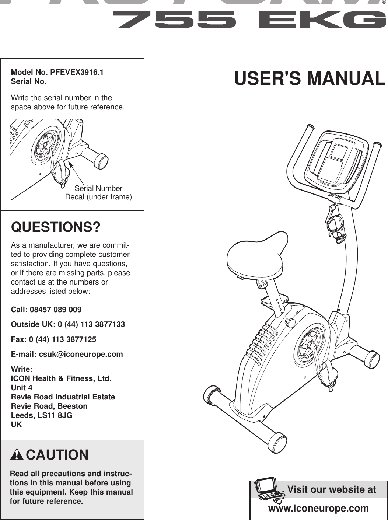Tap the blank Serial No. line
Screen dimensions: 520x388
click(87, 81)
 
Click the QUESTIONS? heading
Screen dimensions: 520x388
click(56, 227)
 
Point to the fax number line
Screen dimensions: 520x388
click(53, 339)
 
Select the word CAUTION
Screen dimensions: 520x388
click(57, 455)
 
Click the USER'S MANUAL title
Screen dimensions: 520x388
click(310, 78)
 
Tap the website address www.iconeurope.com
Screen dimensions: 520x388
click(318, 508)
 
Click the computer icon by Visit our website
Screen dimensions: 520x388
click(268, 491)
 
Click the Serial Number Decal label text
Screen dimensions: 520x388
click(98, 193)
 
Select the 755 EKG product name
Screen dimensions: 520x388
click(250, 20)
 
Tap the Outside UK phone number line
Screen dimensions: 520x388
click(68, 325)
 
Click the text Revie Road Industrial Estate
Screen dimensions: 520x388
click(63, 397)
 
